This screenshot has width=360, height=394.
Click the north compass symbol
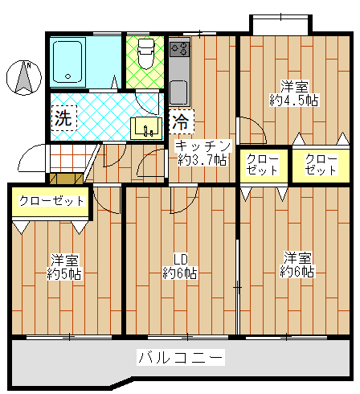click(x=24, y=78)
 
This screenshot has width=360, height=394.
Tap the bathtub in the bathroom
click(x=67, y=62)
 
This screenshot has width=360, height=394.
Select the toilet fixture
click(x=146, y=54)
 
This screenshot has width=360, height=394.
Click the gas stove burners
click(x=180, y=49)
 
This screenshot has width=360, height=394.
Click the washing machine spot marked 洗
click(x=64, y=118)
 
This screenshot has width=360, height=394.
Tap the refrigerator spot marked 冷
click(x=182, y=121)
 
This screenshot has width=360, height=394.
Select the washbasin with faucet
click(x=147, y=128)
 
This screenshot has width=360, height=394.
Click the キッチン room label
click(x=202, y=146)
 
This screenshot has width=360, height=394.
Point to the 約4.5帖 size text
click(x=294, y=101)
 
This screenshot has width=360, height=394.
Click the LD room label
click(x=180, y=260)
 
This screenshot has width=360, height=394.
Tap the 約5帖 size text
click(x=64, y=274)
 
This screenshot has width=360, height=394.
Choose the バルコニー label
click(x=181, y=357)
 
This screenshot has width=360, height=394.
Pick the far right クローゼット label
click(x=321, y=165)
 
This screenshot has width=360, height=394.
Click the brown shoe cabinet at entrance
click(x=67, y=179)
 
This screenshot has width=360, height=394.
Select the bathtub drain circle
click(x=67, y=76)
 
